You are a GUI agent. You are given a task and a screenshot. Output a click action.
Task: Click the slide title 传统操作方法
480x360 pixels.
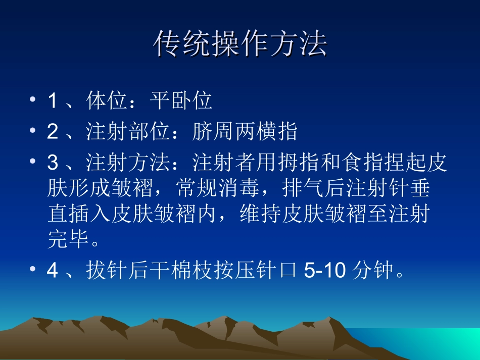click(x=240, y=44)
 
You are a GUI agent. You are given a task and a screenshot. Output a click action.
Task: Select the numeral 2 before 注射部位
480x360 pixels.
click(x=52, y=132)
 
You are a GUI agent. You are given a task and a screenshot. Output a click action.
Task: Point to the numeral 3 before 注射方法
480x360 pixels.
click(x=52, y=164)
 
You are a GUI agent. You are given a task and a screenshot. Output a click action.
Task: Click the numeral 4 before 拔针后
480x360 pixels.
click(x=52, y=272)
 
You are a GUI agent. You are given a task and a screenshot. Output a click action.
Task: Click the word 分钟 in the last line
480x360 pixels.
click(x=372, y=272)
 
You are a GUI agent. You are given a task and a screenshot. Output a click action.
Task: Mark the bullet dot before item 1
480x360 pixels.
click(x=33, y=100)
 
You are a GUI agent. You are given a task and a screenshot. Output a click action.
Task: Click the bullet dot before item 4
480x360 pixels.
click(x=33, y=270)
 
